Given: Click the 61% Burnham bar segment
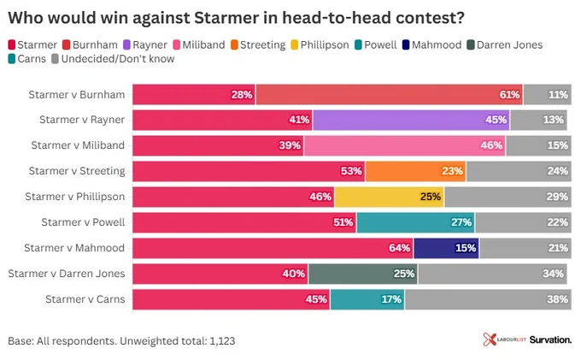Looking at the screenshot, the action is pos(389,95).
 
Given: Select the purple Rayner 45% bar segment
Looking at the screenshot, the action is pos(411,120).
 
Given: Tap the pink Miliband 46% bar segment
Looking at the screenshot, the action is pos(405,145).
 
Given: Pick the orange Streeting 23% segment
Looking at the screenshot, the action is pos(415,171).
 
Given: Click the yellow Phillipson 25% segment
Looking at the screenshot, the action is pos(390,197).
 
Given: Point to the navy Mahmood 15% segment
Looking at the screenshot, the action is pos(447,248).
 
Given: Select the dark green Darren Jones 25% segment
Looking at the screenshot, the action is pos(363,274).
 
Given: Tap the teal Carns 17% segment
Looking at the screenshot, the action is pos(367,299).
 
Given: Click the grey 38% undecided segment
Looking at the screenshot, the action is pos(489,299).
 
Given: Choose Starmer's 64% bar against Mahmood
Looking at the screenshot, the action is pos(273,248).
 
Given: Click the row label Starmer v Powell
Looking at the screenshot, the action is pos(84,222).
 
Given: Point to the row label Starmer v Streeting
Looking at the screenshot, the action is pos(77,171).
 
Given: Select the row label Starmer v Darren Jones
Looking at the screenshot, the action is pos(67,274).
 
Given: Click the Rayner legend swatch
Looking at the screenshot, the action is pos(126,44).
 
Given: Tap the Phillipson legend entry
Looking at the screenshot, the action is pos(320,44).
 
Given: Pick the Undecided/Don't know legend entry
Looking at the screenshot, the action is pos(113,59).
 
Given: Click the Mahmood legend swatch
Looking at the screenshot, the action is pos(406,44).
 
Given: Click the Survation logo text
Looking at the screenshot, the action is pos(550,339).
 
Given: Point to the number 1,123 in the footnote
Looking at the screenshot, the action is pos(222,341).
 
